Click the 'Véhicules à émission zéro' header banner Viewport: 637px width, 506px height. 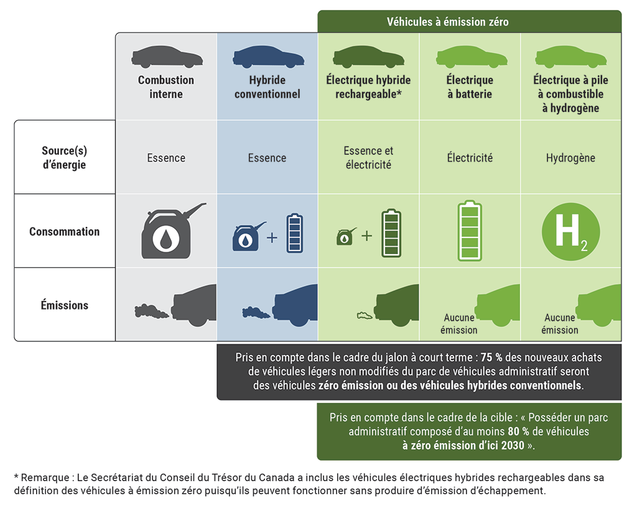point(447,22)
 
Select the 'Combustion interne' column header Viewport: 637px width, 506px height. point(166,87)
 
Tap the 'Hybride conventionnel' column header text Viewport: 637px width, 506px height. point(267,87)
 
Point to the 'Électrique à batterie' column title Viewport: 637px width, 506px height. point(469,87)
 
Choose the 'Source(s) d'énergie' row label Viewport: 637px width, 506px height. point(64,158)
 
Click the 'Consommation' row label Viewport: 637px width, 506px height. point(64,231)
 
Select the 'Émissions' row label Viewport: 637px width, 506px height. point(64,305)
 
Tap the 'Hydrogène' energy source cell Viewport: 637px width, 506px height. point(570,158)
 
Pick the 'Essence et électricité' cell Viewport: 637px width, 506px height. point(368,158)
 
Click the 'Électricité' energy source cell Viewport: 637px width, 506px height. point(469,158)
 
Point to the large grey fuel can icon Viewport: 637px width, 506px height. point(168,231)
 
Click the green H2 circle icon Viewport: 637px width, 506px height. point(570,231)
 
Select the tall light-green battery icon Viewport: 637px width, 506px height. point(470,231)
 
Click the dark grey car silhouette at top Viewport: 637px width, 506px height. point(167,57)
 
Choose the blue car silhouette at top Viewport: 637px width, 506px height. point(267,57)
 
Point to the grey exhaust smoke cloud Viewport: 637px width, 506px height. point(152,310)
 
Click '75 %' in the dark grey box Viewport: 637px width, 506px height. point(490,357)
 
